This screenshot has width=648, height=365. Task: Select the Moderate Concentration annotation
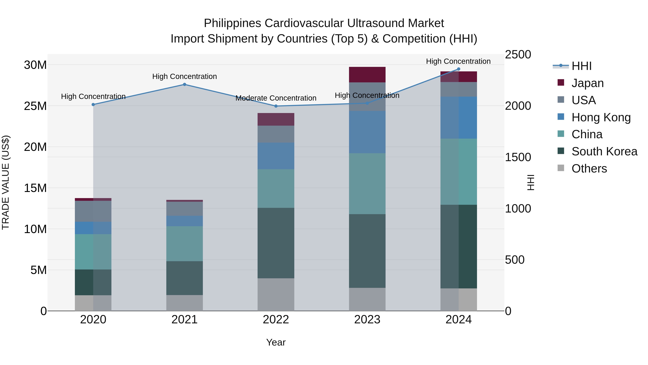tap(276, 98)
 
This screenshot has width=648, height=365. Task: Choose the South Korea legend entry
tap(604, 151)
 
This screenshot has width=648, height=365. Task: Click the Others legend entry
tap(589, 169)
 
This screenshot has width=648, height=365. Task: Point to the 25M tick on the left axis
tap(35, 106)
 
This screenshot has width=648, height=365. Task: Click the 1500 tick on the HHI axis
tap(518, 157)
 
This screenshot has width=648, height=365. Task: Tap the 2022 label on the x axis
tap(276, 320)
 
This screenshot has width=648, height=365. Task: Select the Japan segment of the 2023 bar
tap(367, 75)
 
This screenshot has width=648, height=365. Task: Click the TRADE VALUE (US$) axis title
tap(6, 182)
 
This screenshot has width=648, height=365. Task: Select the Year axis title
tap(276, 342)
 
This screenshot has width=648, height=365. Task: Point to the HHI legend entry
tap(581, 66)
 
